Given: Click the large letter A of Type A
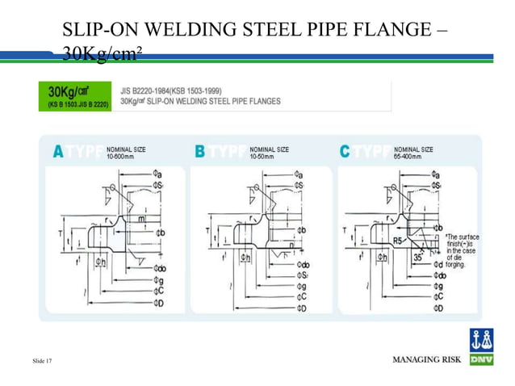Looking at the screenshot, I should (57, 151).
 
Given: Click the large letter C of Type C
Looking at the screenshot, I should (346, 151).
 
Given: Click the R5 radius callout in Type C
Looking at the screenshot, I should (396, 240).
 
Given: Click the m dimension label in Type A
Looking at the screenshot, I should (141, 219).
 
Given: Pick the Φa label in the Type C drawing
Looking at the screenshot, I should (437, 173).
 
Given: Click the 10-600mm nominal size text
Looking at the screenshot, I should (120, 156).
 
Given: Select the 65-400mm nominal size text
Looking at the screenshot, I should (410, 156).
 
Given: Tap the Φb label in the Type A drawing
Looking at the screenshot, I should (161, 233).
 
